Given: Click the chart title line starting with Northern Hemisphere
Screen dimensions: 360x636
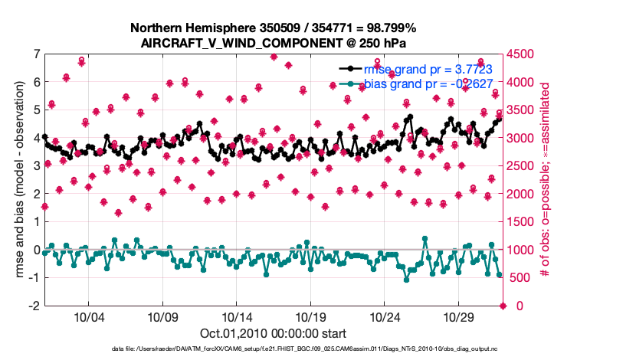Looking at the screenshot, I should [x=274, y=28].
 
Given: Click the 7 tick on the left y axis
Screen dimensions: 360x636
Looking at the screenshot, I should [x=36, y=54].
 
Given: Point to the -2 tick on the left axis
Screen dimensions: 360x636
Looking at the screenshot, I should [x=34, y=306].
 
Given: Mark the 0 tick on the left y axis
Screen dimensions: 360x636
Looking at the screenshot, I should [x=36, y=250].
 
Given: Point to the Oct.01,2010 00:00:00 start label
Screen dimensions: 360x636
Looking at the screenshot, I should [x=273, y=333].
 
